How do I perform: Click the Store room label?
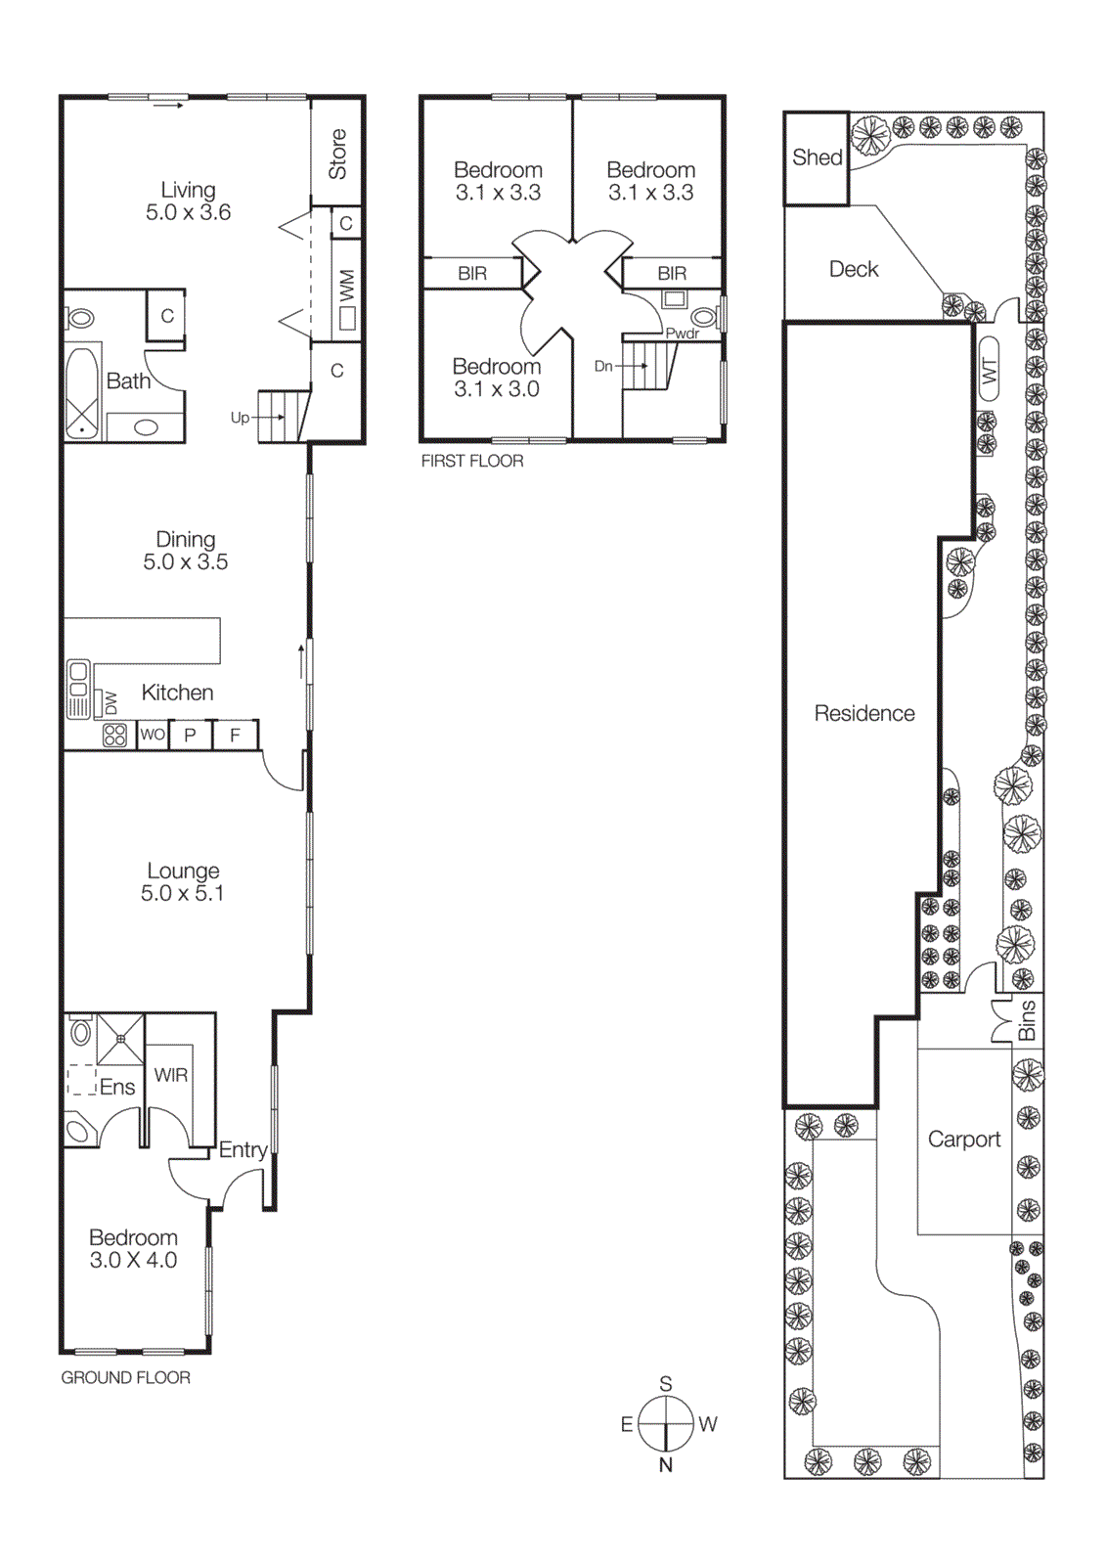point(337,154)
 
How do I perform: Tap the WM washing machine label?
point(346,286)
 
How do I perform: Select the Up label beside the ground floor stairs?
point(240,418)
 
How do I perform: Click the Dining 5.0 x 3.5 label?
point(185,551)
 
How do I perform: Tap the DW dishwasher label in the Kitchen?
point(111,702)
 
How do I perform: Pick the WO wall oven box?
point(153,735)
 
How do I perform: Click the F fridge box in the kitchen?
point(235,735)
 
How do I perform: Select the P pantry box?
point(190,735)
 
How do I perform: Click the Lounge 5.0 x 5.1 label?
point(183,881)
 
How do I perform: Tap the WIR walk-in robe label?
point(171,1075)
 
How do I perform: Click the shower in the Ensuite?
point(120,1039)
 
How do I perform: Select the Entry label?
point(243,1149)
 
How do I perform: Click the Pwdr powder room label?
point(683,334)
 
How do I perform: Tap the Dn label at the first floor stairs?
point(603,366)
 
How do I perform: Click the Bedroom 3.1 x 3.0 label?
point(497,378)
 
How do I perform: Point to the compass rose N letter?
point(666,1464)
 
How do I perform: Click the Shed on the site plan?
point(817,157)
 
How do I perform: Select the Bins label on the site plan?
point(1027,1020)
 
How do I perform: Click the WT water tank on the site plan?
point(990,369)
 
